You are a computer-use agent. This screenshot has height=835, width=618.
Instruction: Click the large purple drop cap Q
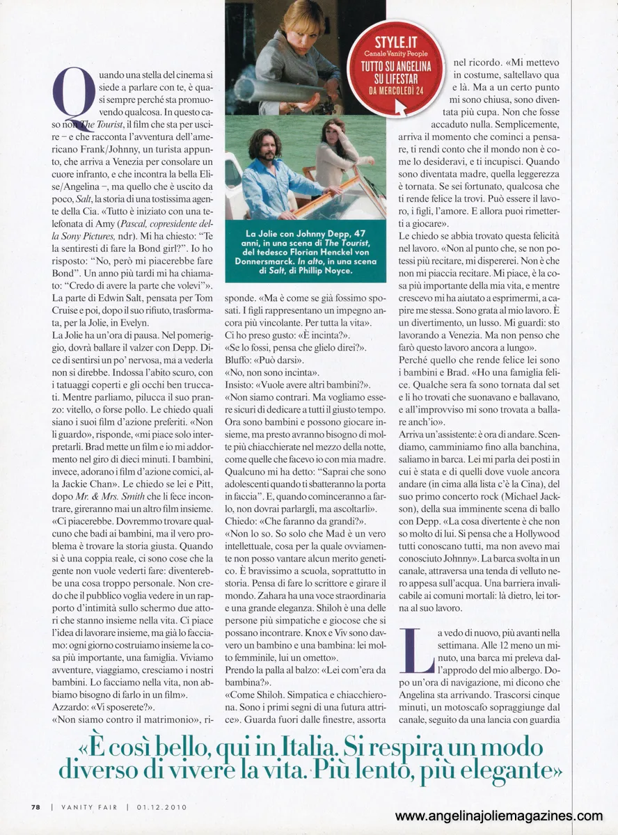coord(72,97)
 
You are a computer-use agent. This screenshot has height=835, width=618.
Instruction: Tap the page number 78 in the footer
coord(35,807)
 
